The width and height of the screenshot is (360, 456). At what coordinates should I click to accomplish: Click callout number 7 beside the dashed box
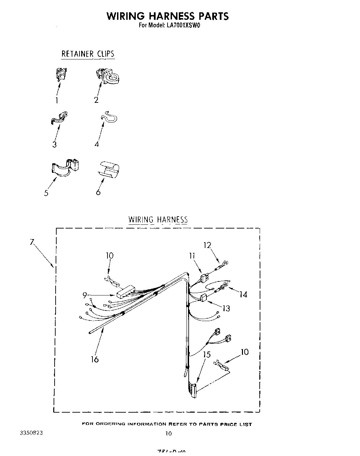coord(31,242)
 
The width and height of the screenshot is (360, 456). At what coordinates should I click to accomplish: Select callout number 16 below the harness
coord(95,359)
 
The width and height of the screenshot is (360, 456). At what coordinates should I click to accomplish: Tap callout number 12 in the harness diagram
coord(207,245)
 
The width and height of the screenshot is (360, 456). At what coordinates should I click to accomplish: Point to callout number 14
coord(243,294)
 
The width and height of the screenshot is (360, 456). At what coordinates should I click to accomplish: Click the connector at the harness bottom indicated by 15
coord(193,390)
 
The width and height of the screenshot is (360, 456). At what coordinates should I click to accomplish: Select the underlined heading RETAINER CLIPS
coord(88,54)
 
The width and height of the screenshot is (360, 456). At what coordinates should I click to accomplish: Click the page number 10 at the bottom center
coord(168,433)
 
